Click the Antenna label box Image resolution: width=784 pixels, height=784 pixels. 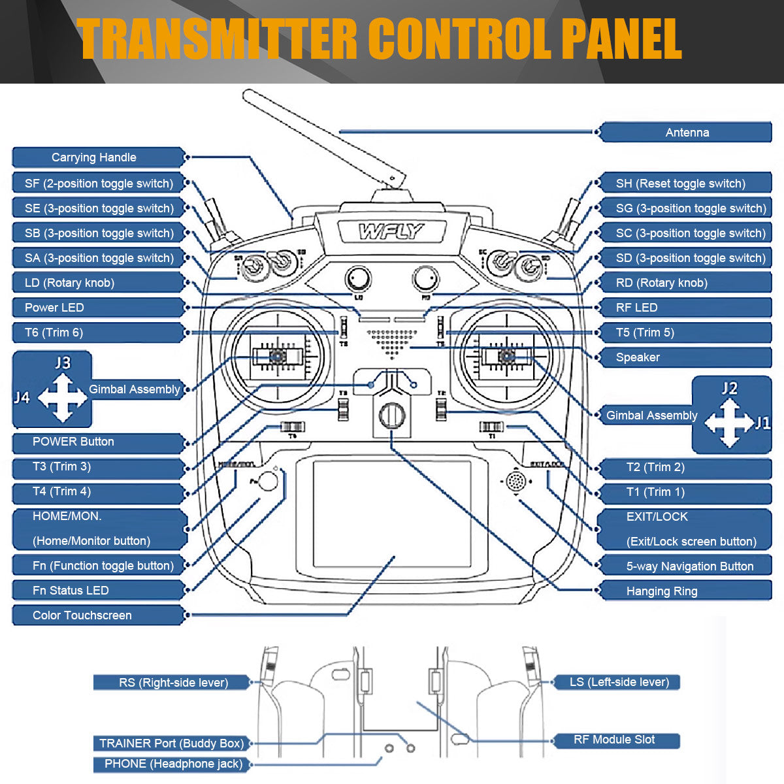click(x=686, y=133)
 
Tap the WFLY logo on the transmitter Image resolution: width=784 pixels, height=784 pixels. click(x=391, y=231)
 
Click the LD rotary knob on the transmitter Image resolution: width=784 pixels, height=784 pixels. click(x=358, y=279)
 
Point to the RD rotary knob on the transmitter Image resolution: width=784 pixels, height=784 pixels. click(x=426, y=279)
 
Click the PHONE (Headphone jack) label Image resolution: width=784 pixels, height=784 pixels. click(x=173, y=764)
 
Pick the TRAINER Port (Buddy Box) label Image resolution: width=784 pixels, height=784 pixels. click(x=171, y=743)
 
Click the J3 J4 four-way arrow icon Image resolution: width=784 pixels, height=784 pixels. click(x=62, y=397)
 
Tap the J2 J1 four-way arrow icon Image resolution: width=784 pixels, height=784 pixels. click(x=730, y=423)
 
